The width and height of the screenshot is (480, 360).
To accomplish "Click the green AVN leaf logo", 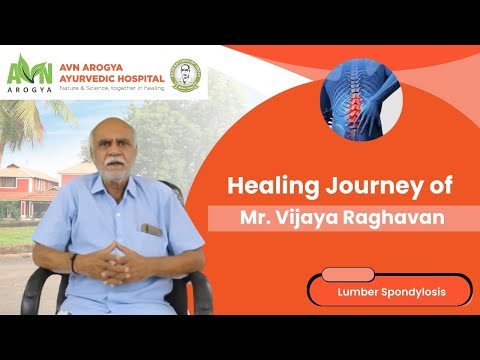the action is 30,69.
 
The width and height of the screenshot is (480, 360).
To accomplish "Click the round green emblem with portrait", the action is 185,75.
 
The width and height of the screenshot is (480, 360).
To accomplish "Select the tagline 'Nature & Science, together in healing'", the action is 112,88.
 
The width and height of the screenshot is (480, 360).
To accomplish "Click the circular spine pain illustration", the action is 361,100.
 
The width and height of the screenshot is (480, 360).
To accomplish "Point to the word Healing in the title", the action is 273,187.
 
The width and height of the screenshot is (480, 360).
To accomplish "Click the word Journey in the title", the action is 374,187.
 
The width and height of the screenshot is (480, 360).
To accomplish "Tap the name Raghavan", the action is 394,218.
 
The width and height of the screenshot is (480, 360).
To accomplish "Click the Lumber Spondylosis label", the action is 392,292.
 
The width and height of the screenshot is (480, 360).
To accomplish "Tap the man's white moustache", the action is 114,161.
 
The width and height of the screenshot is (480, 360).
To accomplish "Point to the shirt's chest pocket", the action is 151,230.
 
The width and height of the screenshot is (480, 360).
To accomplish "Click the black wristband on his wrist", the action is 73,263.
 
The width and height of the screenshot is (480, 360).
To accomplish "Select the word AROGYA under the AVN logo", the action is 30,90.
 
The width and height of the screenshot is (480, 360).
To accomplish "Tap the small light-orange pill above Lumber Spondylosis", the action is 348,274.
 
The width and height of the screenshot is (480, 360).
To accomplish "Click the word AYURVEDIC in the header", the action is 86,79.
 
